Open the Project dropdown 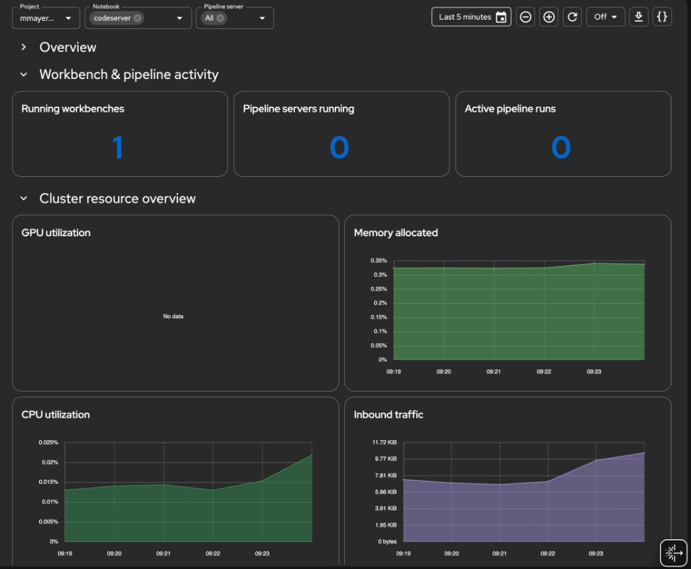(x=46, y=18)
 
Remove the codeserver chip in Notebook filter (x=138, y=18)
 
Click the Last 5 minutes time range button (x=471, y=17)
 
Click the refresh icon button (x=572, y=17)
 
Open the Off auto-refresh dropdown (x=605, y=17)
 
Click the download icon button (x=638, y=17)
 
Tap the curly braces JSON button (x=662, y=17)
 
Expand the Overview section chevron (x=24, y=47)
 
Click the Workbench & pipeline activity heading (x=129, y=75)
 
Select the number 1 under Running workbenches (x=118, y=147)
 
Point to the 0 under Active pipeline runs (x=561, y=147)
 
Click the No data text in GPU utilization (x=173, y=316)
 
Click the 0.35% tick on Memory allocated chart (x=378, y=261)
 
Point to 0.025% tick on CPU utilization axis (x=47, y=443)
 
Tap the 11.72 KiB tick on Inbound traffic (x=383, y=443)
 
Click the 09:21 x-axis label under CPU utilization (x=163, y=553)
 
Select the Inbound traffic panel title (x=388, y=414)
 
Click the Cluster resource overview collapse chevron (x=24, y=199)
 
